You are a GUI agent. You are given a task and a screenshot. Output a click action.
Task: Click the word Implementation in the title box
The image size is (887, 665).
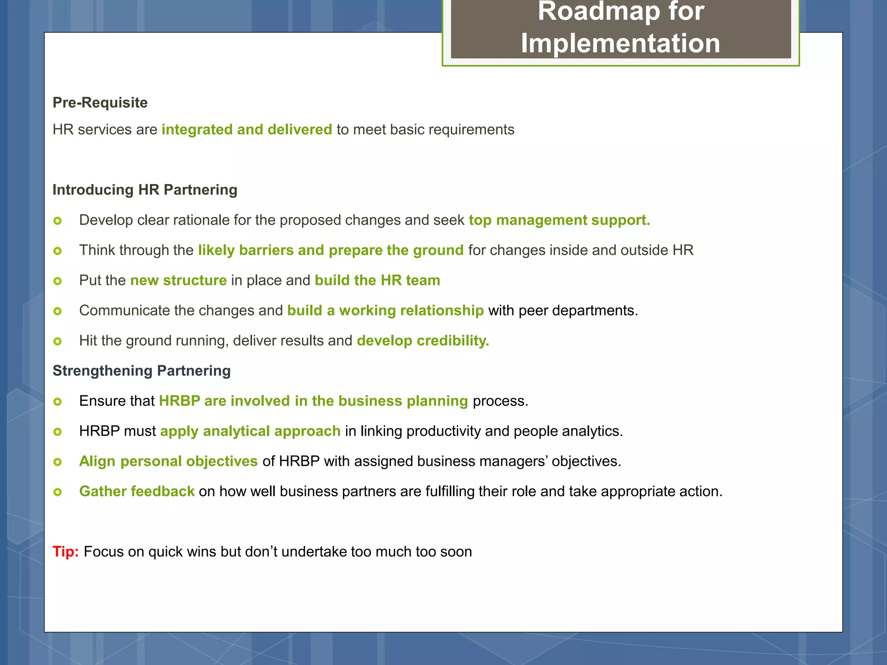point(620,44)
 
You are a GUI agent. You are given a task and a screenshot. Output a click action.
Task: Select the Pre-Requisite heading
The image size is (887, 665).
point(100,103)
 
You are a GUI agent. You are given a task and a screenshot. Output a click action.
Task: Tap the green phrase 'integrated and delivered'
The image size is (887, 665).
point(246,129)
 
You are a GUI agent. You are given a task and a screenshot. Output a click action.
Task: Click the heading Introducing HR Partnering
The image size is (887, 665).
point(145,190)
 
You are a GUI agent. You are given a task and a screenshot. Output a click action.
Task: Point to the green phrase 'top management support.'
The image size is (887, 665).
point(559,220)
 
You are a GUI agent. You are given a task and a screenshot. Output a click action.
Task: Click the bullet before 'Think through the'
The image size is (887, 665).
point(58,251)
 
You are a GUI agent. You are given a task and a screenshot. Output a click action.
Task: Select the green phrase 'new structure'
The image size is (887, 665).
point(178,280)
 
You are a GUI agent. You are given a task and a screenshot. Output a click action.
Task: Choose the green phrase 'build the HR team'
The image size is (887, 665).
point(377,280)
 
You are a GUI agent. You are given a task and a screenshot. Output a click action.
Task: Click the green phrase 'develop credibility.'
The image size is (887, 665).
point(423,341)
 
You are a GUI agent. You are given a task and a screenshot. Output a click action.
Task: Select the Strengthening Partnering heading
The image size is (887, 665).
point(141,371)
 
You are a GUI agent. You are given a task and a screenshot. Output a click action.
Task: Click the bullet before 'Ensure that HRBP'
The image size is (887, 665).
point(58,401)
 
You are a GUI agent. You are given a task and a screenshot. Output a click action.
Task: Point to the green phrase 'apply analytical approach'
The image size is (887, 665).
point(250,431)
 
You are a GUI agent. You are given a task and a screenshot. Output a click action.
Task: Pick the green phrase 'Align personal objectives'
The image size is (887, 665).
point(168,461)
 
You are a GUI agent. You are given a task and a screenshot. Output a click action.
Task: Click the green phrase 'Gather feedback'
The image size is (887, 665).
point(137,491)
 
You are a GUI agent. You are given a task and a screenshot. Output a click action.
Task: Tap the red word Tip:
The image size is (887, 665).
point(65,552)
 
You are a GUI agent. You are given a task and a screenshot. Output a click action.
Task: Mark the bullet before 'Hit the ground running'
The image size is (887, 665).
point(58,341)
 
